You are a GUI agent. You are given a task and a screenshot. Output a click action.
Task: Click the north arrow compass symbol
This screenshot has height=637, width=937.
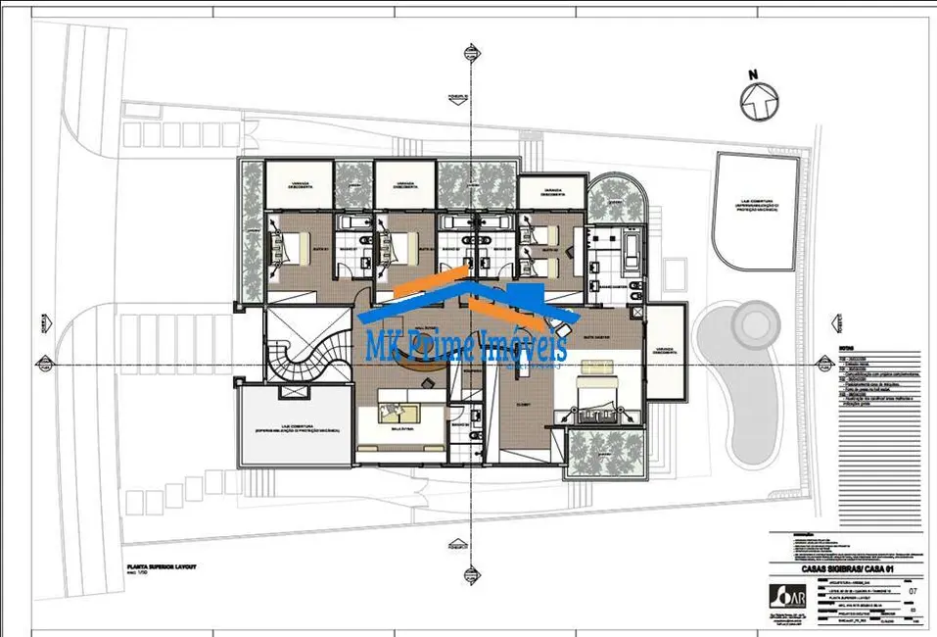click(757, 101)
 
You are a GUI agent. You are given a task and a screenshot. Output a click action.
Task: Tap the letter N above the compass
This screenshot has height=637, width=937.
click(753, 73)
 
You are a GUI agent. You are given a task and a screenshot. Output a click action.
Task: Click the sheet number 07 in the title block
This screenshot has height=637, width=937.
click(914, 591)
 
